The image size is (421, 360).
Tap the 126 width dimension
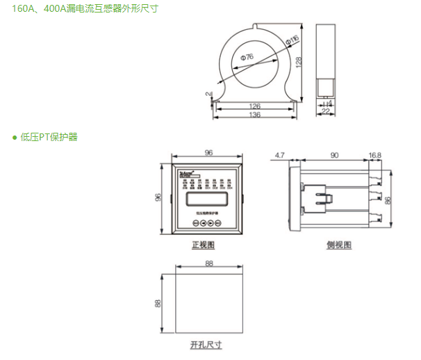[x=254, y=106]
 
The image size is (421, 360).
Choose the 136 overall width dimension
[x=254, y=115]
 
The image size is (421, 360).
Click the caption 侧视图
[x=339, y=245]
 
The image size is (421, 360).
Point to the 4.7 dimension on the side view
[x=281, y=154]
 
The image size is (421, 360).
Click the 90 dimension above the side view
[x=334, y=154]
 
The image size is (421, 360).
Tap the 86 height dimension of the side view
[x=389, y=199]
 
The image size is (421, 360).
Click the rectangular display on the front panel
[x=205, y=199]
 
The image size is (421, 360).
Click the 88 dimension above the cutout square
[x=209, y=263]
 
